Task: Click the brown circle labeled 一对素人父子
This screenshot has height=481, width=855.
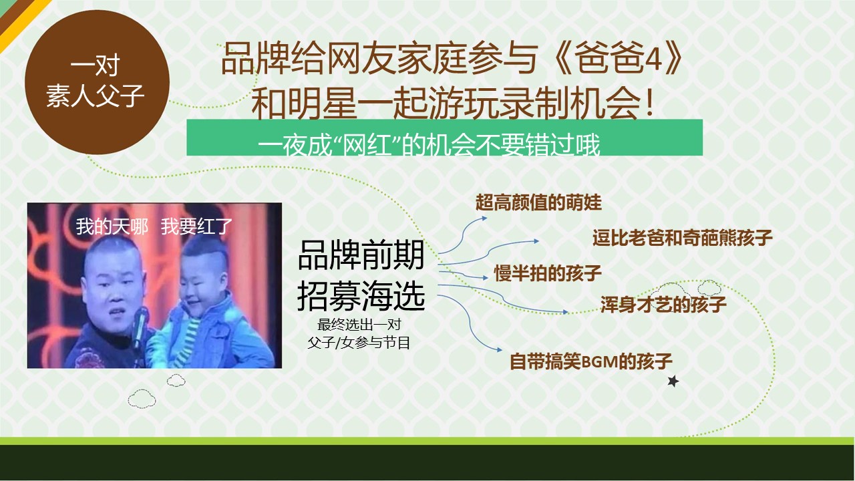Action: click(97, 82)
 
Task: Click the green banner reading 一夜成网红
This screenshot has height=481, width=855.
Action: click(444, 138)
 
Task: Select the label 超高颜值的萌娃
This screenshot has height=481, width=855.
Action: click(538, 202)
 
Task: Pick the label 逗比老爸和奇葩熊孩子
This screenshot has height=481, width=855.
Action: click(683, 237)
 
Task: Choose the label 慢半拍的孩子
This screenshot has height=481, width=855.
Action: click(548, 273)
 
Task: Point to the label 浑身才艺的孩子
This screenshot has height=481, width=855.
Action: click(663, 304)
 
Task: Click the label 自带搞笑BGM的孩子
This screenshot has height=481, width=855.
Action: click(591, 361)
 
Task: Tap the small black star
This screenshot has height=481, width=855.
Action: click(673, 381)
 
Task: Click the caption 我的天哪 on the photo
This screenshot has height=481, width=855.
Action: click(112, 226)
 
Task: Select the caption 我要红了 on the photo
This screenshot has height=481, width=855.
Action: click(196, 226)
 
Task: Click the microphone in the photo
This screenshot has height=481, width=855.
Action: click(140, 327)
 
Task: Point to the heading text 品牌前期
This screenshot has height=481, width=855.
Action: click(361, 255)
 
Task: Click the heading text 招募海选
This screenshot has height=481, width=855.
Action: click(361, 296)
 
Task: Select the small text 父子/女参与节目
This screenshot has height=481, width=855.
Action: click(359, 343)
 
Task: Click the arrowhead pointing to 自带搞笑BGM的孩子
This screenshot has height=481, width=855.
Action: click(498, 349)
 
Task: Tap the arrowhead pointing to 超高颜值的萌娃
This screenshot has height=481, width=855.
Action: click(484, 218)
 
